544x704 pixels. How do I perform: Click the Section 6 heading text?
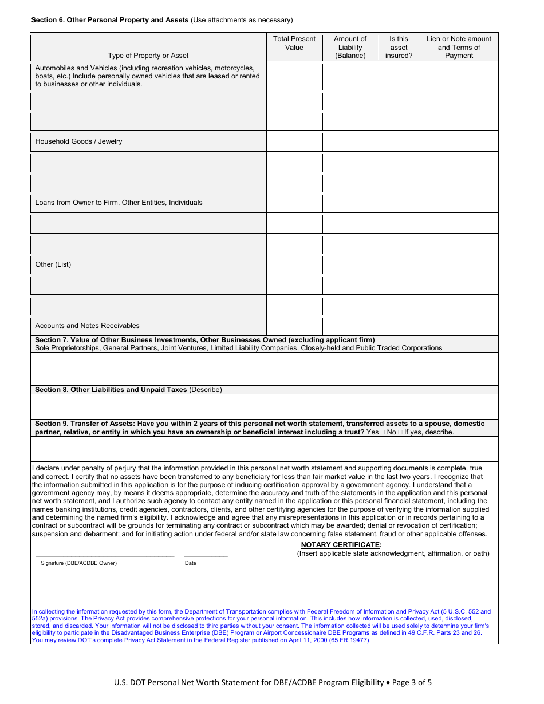pos(109,20)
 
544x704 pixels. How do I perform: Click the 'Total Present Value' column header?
pos(294,43)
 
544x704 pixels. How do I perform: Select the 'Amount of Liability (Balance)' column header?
pos(350,47)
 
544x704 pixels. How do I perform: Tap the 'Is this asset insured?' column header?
pos(399,47)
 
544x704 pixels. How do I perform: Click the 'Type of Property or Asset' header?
pos(148,56)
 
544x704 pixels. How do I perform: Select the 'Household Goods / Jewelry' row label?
pos(78,141)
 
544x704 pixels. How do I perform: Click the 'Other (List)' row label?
pos(53,264)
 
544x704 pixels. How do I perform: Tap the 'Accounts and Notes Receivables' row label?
pos(87,326)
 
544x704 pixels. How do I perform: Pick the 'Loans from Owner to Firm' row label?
pos(119,203)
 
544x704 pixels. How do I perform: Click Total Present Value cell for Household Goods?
pos(294,141)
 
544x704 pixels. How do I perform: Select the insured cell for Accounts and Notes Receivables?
pos(399,326)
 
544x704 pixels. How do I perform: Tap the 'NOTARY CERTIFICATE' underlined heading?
pos(341,545)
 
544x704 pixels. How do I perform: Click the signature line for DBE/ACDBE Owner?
pos(105,555)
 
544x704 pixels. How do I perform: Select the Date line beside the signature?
pos(206,555)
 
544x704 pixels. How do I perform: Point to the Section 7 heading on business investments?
pos(204,340)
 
